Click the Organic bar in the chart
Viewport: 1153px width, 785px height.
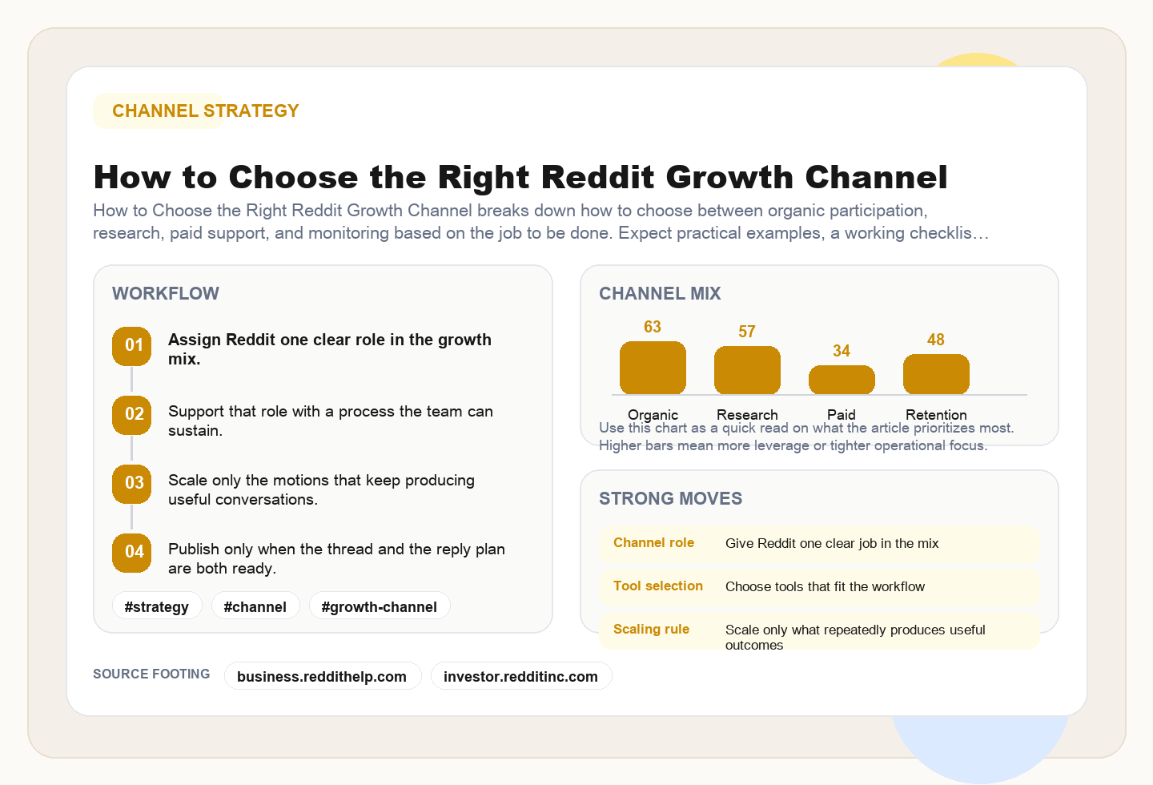coord(653,368)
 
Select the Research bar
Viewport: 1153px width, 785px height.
coord(747,370)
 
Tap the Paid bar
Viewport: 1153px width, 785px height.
coord(842,380)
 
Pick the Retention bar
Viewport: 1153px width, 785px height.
coord(936,374)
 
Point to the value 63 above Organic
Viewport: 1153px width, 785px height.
coord(653,327)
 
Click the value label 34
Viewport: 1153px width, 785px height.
coord(842,351)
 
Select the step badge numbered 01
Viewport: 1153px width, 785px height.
coord(132,346)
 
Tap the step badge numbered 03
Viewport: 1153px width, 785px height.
coord(132,483)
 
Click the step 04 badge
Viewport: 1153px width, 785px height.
coord(132,552)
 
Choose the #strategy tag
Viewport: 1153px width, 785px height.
coord(157,606)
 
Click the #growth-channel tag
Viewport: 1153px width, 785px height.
coord(380,606)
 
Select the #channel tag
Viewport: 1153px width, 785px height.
coord(255,606)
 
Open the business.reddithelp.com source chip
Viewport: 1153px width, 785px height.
coord(322,676)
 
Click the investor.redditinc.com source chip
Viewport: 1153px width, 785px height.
coord(520,676)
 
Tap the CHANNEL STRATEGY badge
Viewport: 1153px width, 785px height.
coord(205,111)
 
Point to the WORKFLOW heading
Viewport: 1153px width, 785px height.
coord(166,293)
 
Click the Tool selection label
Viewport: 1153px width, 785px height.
coord(658,586)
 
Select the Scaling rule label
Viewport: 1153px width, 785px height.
coord(651,629)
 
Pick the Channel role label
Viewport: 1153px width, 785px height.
coord(653,542)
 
